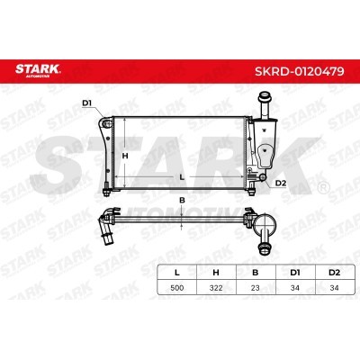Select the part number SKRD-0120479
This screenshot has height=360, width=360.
pyautogui.click(x=300, y=71)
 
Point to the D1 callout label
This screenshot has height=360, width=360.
pyautogui.click(x=86, y=103)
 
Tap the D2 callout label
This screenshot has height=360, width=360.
pyautogui.click(x=281, y=183)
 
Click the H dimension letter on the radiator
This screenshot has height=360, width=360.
pyautogui.click(x=125, y=156)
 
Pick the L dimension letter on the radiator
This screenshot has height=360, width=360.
pyautogui.click(x=181, y=177)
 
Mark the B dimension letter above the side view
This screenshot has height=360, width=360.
pyautogui.click(x=182, y=201)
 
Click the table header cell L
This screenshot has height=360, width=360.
pyautogui.click(x=177, y=273)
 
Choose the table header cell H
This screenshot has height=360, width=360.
pyautogui.click(x=216, y=273)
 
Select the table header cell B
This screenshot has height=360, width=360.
pyautogui.click(x=256, y=273)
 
